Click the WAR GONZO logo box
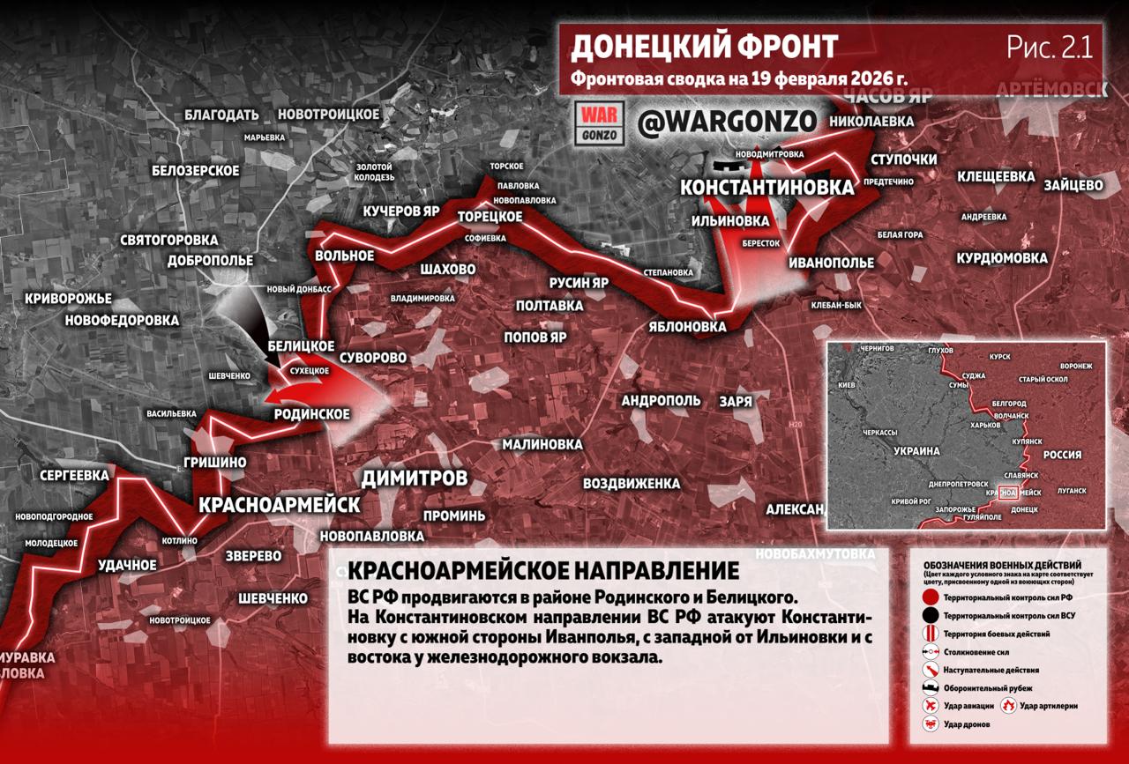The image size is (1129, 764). (x=600, y=123)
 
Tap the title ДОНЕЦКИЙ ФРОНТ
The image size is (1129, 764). (x=703, y=47)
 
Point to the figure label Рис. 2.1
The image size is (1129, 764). (x=1050, y=48)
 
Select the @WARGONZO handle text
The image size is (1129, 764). (x=727, y=122)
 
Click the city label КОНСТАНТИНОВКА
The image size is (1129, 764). (x=766, y=187)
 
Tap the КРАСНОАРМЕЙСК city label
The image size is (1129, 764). (x=279, y=505)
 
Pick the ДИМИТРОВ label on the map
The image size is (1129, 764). (x=414, y=478)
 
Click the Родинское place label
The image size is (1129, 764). (x=311, y=414)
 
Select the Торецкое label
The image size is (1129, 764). (x=490, y=217)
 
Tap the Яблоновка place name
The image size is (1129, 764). (x=686, y=326)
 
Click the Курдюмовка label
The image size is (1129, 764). (x=1002, y=258)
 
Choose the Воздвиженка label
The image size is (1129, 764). (x=631, y=484)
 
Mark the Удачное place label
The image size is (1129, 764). (x=127, y=564)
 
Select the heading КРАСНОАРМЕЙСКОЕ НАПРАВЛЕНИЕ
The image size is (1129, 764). (x=543, y=570)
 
